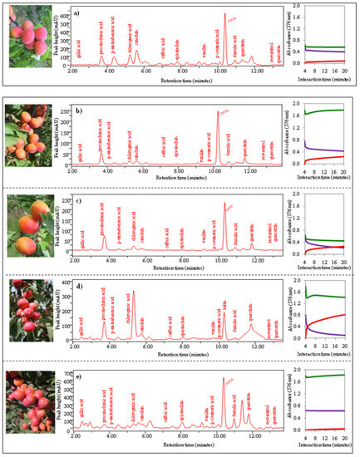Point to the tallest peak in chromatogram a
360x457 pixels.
pyautogui.click(x=225, y=15)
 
